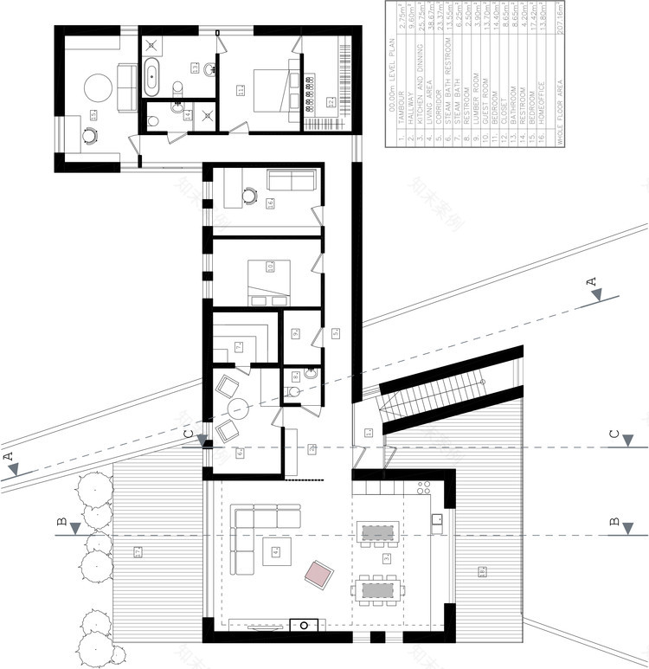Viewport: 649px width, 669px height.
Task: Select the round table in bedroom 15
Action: pyautogui.click(x=97, y=89)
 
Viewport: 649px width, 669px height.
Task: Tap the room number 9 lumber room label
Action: pyautogui.click(x=295, y=332)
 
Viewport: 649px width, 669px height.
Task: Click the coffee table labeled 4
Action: pyautogui.click(x=276, y=550)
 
